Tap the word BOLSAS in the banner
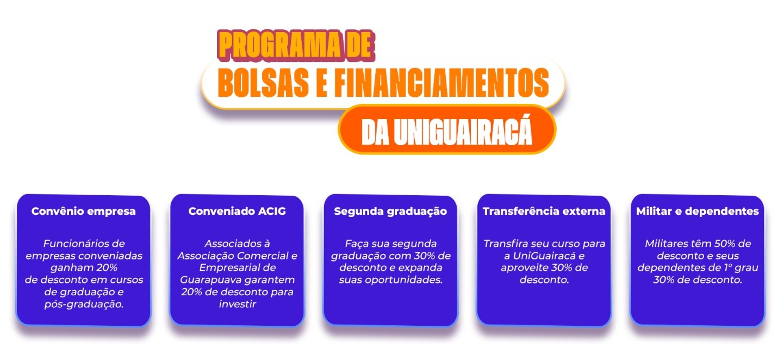point(263,83)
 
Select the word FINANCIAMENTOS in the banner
point(441,83)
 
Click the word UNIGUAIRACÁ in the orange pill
point(463,132)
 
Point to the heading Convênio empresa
point(83,211)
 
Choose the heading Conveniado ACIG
point(237,211)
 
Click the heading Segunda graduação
point(390,212)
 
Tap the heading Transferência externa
point(544,211)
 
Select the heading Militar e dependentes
point(697,212)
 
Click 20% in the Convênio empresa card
point(107,268)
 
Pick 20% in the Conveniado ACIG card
point(191,292)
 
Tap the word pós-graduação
point(84,305)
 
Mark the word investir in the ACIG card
point(237,304)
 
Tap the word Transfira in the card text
point(501,244)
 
